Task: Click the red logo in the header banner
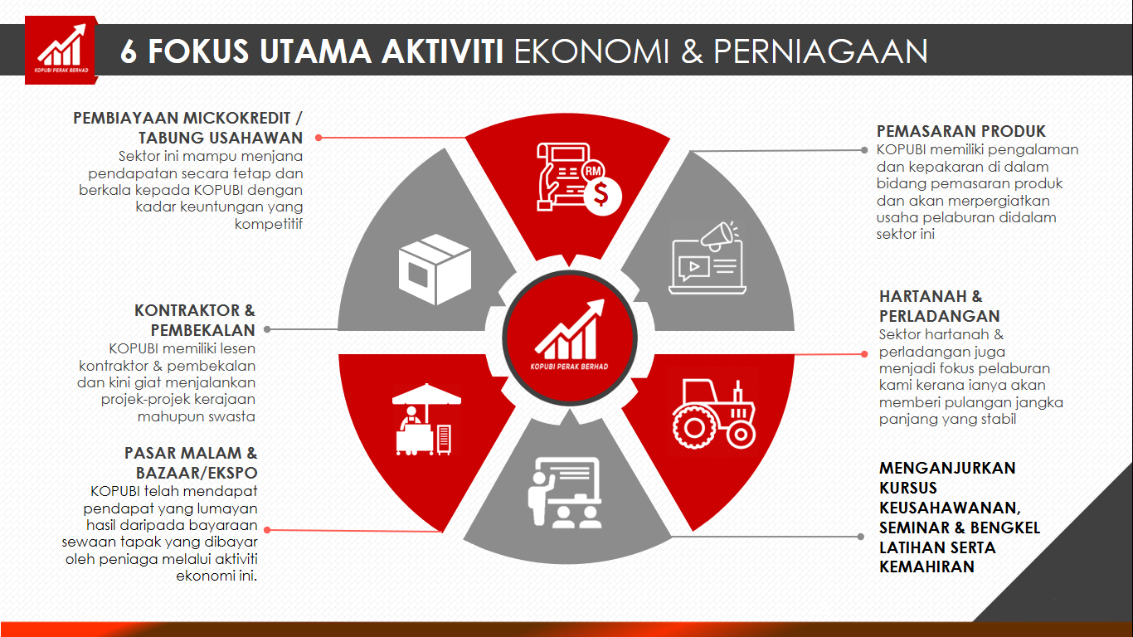tap(61, 50)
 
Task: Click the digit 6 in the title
tap(129, 51)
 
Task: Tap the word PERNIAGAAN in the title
tap(820, 51)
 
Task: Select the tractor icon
tap(713, 413)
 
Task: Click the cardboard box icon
tap(435, 270)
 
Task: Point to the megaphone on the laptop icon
tap(718, 236)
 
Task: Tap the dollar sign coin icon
tap(602, 195)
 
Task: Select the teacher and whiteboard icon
tap(565, 493)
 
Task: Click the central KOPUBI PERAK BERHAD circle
tap(570, 338)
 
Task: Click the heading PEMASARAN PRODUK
tap(961, 132)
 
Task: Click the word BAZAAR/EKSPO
tap(197, 473)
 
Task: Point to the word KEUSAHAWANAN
tap(950, 508)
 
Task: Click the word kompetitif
tap(269, 224)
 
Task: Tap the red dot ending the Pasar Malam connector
tap(267, 530)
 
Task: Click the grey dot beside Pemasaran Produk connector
tap(864, 150)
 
